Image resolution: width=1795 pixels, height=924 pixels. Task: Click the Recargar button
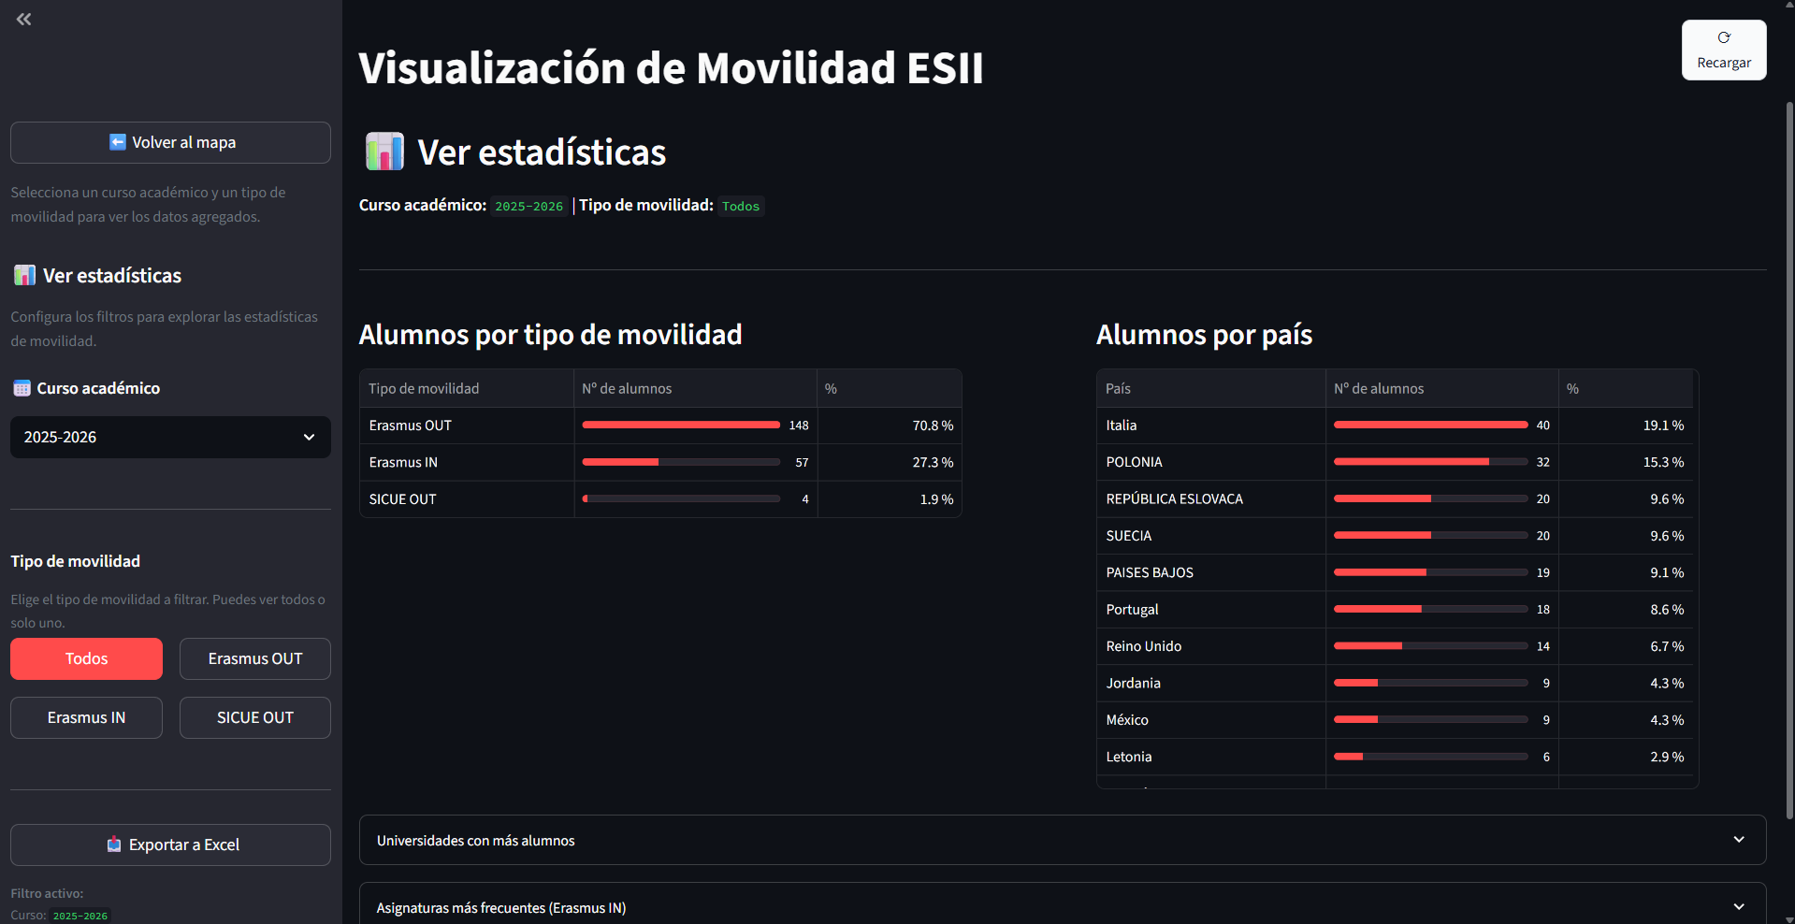click(x=1724, y=51)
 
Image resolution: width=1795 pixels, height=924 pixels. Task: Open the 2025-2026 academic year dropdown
click(x=170, y=437)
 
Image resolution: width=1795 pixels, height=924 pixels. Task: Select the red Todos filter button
click(x=86, y=658)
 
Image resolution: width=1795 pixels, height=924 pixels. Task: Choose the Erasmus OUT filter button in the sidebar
click(x=255, y=658)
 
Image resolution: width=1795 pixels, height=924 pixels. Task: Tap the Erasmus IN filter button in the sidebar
click(x=86, y=717)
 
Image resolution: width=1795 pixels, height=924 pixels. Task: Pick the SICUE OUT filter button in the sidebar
click(x=255, y=717)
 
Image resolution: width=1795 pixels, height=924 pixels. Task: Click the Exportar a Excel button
click(x=170, y=845)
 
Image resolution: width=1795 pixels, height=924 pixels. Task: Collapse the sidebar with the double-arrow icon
click(x=24, y=19)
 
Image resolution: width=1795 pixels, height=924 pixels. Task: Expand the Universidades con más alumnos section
click(x=1063, y=840)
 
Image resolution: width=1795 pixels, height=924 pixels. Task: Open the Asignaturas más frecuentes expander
click(x=1063, y=906)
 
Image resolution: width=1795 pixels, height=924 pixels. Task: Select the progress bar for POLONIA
click(x=1430, y=462)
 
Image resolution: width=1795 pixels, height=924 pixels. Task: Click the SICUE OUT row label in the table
click(x=402, y=499)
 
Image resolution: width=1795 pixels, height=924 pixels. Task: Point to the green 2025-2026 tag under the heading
click(x=529, y=206)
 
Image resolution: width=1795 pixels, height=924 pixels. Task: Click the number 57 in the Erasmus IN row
click(x=802, y=463)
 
